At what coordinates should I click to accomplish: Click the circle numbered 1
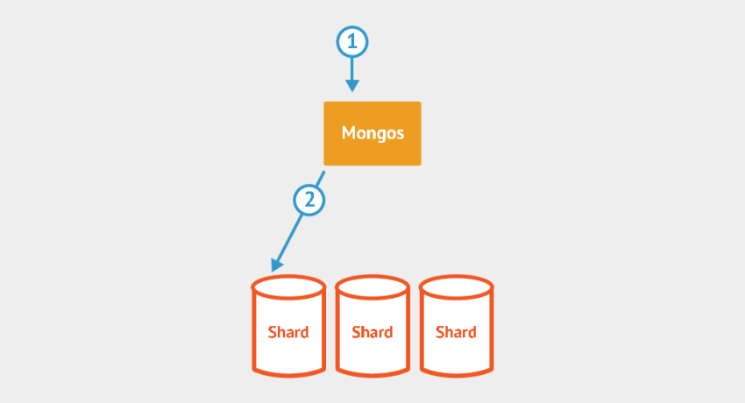click(351, 40)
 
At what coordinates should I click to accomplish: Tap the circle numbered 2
click(309, 201)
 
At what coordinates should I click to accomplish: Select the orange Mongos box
click(372, 133)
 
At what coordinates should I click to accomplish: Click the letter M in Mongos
click(348, 134)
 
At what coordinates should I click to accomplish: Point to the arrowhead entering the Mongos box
click(351, 86)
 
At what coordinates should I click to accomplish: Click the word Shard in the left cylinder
click(288, 332)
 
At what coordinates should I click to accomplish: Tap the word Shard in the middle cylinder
click(372, 332)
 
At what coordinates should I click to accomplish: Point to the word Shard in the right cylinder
click(456, 332)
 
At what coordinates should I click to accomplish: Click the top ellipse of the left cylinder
click(288, 286)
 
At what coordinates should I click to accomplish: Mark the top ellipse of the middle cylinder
click(372, 286)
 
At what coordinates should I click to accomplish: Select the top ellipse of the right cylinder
click(456, 286)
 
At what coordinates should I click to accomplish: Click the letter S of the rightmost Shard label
click(440, 332)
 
